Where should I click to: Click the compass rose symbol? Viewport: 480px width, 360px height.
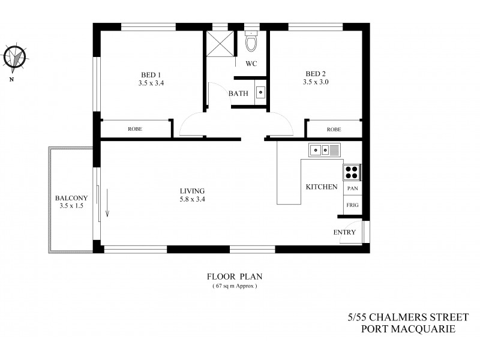(x=16, y=58)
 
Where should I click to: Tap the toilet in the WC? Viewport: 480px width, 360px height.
(x=251, y=43)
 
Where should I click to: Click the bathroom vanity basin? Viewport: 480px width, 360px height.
(x=261, y=92)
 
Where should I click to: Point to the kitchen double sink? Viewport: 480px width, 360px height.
(x=324, y=150)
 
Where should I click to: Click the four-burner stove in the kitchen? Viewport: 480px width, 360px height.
(x=351, y=172)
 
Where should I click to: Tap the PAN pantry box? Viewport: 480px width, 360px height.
(x=353, y=188)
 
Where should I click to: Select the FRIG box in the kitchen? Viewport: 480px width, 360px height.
(x=353, y=205)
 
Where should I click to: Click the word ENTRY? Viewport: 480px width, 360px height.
(x=344, y=232)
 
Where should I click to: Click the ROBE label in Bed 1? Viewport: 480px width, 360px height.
(x=134, y=129)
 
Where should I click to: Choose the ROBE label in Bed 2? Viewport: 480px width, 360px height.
(x=334, y=129)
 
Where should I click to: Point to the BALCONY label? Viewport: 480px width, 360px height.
(x=71, y=198)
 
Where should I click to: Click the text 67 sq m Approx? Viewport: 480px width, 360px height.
(x=235, y=286)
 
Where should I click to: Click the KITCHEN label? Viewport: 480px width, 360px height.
(x=321, y=187)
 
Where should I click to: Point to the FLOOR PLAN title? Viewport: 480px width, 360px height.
(x=235, y=277)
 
